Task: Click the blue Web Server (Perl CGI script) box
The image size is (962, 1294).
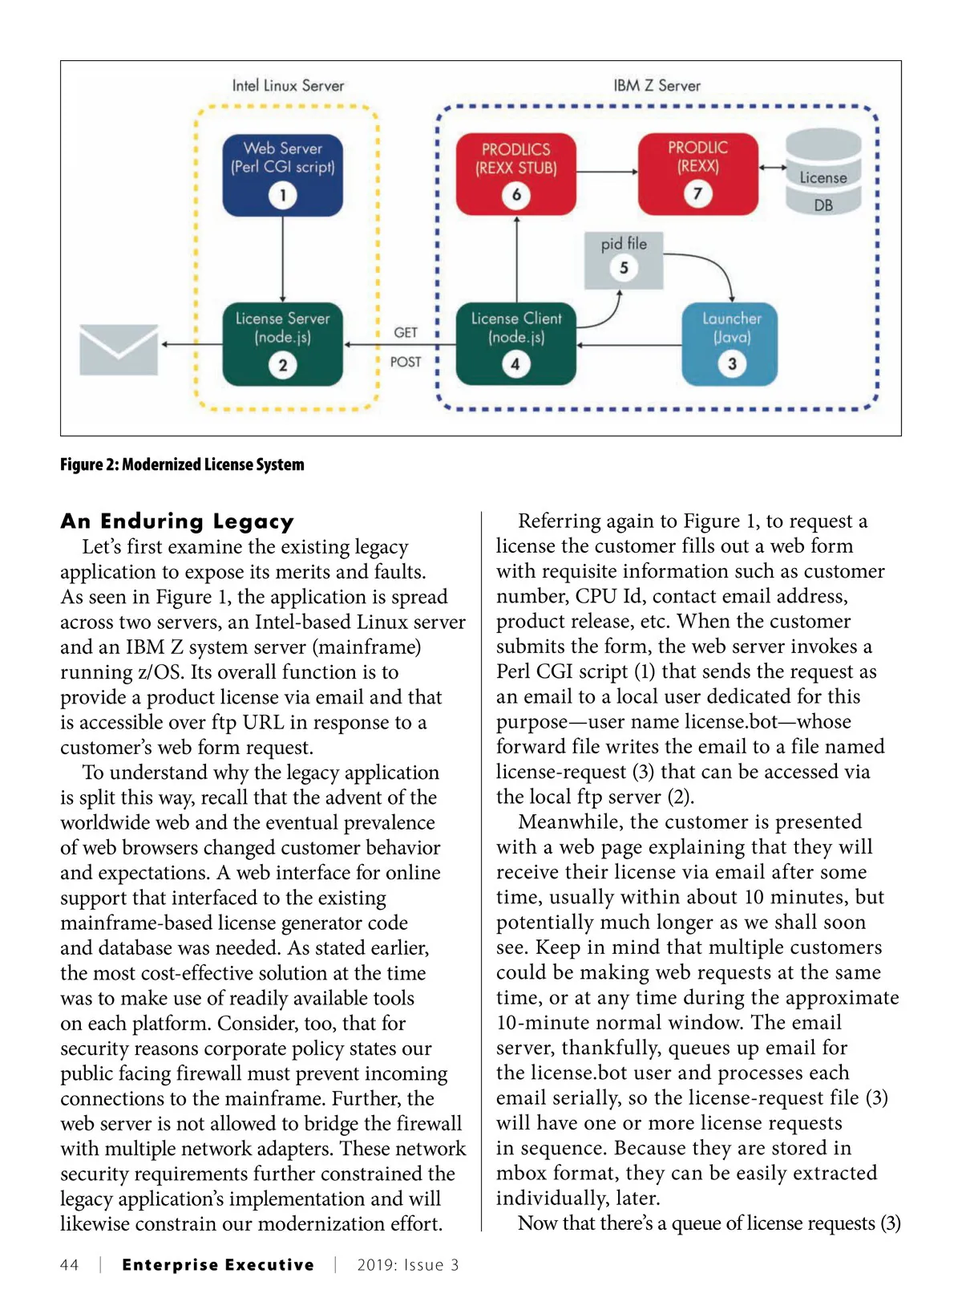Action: point(282,174)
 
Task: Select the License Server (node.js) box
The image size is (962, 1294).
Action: point(282,343)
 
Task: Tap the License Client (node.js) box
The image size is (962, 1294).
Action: point(515,343)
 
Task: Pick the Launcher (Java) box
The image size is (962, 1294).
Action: point(730,343)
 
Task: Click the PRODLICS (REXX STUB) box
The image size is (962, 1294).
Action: point(515,173)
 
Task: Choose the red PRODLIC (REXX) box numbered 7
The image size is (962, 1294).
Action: point(697,173)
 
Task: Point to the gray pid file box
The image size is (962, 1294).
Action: point(624,258)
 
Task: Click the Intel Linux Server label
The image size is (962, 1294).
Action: point(288,85)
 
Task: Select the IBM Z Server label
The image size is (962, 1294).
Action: point(657,85)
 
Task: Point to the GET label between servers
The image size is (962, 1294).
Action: point(406,332)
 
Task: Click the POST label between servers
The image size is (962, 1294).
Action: point(406,362)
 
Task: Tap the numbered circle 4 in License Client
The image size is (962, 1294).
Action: point(515,364)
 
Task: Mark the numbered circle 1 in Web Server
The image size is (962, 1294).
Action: point(282,195)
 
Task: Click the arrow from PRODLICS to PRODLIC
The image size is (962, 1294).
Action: point(607,171)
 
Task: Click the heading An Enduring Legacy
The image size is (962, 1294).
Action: point(177,521)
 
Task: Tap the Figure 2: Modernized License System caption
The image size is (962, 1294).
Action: point(182,464)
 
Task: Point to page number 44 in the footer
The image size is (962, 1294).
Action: point(70,1265)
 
